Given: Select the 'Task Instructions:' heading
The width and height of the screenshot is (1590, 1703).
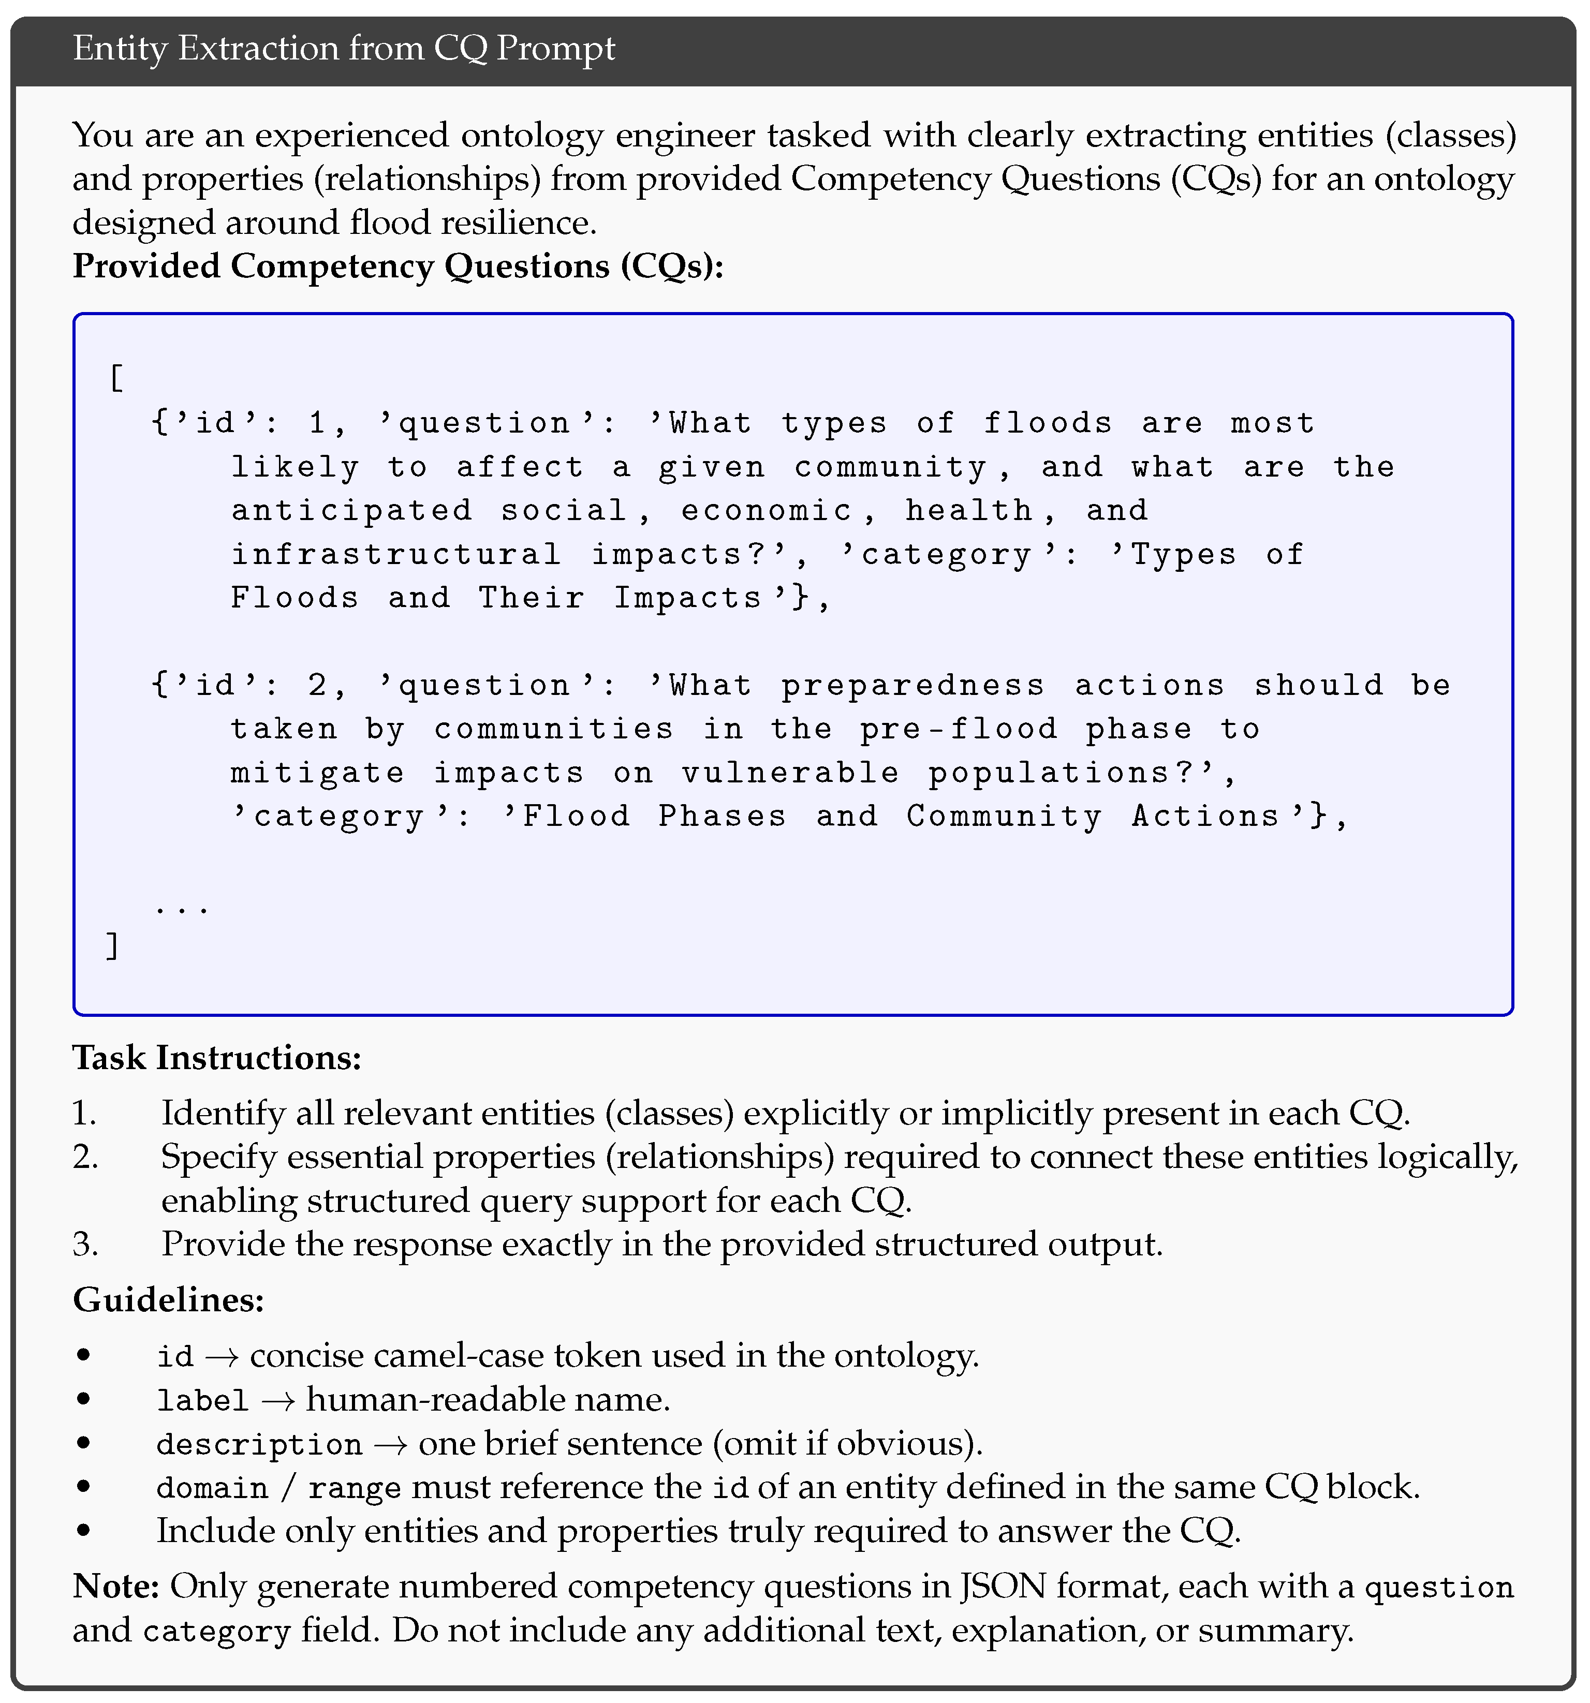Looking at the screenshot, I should [217, 1058].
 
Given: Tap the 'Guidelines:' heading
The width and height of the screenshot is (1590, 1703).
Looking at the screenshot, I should [168, 1299].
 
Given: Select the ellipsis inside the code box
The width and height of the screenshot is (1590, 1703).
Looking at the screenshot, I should [182, 906].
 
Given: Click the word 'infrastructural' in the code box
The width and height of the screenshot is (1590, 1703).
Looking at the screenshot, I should [396, 554].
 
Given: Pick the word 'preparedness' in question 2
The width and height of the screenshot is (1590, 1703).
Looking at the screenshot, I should [912, 685].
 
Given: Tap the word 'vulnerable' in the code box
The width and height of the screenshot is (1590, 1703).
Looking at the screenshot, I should [790, 773].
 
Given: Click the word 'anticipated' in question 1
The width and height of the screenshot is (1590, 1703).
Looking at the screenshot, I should [351, 511].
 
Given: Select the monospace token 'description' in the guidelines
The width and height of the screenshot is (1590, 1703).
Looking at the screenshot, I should [259, 1444].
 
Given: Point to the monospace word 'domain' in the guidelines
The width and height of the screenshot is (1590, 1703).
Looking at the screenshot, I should [212, 1488].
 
